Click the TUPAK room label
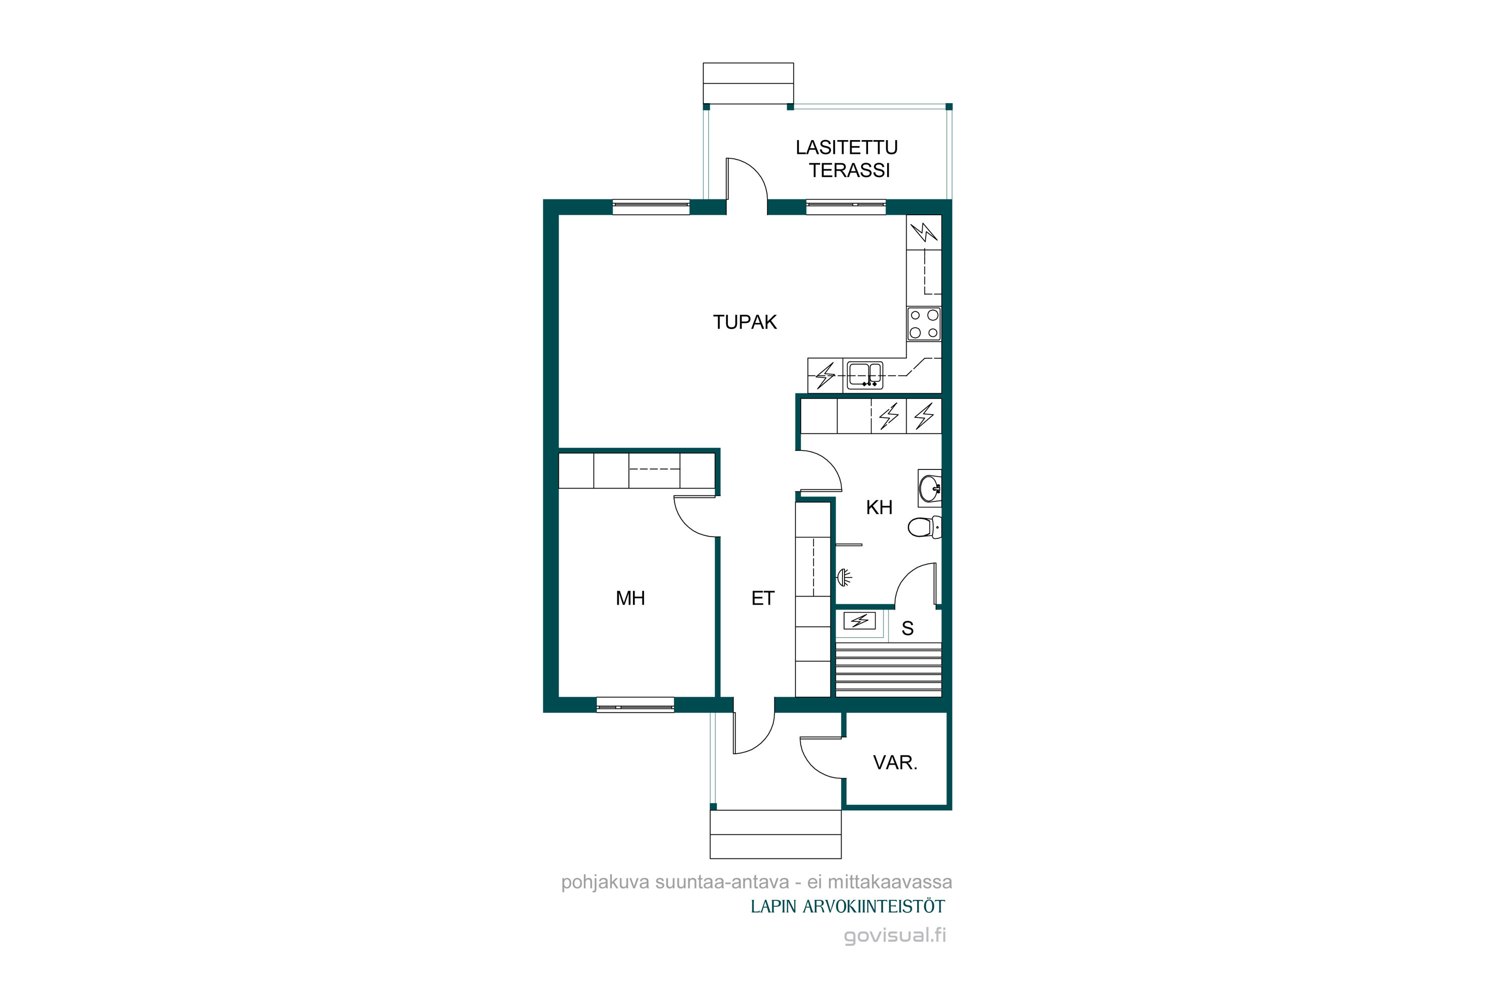(745, 322)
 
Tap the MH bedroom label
(630, 598)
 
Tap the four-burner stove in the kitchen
(924, 324)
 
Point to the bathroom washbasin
(929, 488)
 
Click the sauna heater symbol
(860, 620)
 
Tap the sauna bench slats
(889, 670)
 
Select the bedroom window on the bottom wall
(635, 705)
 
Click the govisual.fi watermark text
(895, 935)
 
